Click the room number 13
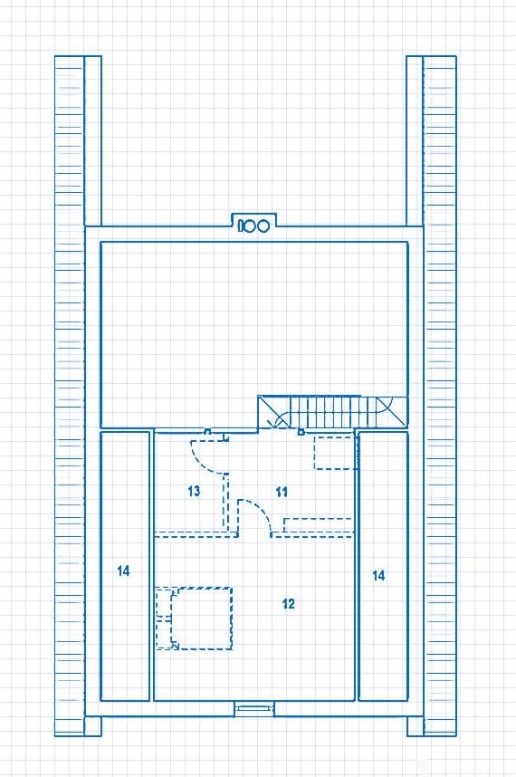pyautogui.click(x=194, y=491)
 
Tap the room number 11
pyautogui.click(x=282, y=492)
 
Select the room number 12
pyautogui.click(x=288, y=603)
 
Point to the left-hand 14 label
pyautogui.click(x=123, y=571)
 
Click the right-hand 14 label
pyautogui.click(x=378, y=575)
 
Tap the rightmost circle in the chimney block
pyautogui.click(x=263, y=226)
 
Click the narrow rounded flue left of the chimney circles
pyautogui.click(x=242, y=226)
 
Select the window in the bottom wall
pyautogui.click(x=253, y=709)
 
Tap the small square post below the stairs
pyautogui.click(x=301, y=432)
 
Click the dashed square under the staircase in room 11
pyautogui.click(x=335, y=453)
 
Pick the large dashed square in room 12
pyautogui.click(x=202, y=618)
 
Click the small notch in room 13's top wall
pyautogui.click(x=208, y=431)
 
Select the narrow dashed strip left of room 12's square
pyautogui.click(x=164, y=618)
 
